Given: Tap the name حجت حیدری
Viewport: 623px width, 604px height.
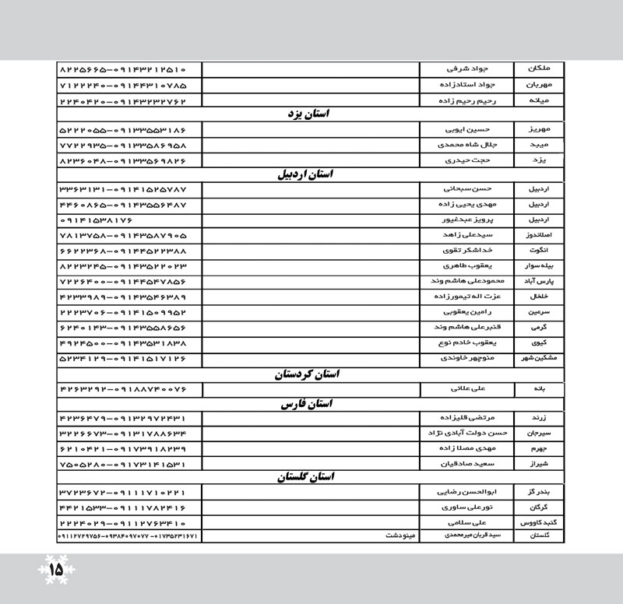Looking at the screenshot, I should [467, 160].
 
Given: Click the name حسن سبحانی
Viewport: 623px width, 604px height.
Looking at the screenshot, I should [468, 189].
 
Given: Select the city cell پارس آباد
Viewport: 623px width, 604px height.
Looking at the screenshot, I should [540, 280].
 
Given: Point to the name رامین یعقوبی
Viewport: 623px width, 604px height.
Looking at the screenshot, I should [468, 311].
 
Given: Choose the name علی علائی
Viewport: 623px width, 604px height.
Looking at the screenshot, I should [467, 387].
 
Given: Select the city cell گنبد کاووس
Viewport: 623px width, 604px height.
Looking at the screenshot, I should [540, 523].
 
